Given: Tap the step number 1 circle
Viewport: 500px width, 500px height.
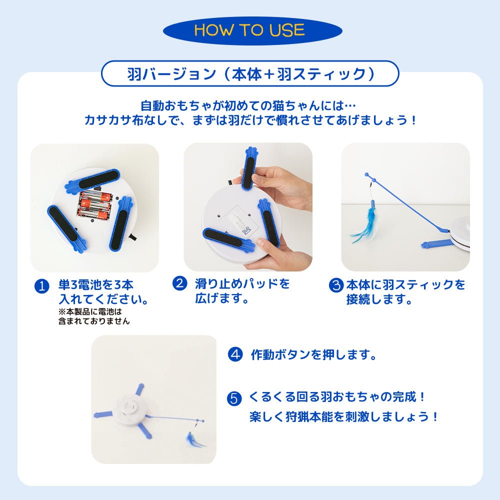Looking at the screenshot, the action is [x=42, y=285].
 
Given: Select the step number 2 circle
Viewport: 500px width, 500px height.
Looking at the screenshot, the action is [x=180, y=283].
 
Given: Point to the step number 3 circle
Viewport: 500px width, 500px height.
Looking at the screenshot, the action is [x=336, y=285].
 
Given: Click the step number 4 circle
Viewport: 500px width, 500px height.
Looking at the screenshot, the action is [x=235, y=354].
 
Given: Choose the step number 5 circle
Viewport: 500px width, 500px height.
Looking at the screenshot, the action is [x=234, y=398].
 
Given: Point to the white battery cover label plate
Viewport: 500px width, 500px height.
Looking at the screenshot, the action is [x=235, y=220].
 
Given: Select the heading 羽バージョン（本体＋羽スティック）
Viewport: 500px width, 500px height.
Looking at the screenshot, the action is [x=250, y=74].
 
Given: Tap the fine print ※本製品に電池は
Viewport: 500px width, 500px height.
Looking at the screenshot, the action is [x=90, y=311].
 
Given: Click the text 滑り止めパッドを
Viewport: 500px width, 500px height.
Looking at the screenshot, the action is [x=242, y=283].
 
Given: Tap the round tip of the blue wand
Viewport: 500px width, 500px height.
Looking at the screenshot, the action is [x=366, y=175].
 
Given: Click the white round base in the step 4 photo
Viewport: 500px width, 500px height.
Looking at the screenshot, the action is [x=129, y=409].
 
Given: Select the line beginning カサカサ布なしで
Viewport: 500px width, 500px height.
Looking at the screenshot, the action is [x=250, y=120].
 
